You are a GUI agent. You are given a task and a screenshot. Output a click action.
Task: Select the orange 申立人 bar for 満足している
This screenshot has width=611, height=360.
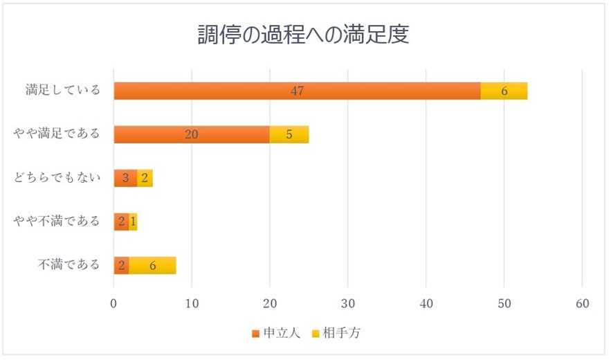pos(297,91)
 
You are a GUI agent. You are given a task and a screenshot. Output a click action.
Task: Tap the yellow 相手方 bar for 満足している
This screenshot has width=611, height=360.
pos(504,91)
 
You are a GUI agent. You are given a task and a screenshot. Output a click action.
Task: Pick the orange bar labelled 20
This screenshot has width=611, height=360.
pos(192,134)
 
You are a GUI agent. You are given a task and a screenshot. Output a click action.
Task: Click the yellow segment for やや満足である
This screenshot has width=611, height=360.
pos(289,134)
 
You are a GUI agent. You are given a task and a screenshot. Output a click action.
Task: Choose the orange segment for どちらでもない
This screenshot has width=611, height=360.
pos(125,178)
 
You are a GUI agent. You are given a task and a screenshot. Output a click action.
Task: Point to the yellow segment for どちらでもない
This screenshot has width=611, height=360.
pos(145,178)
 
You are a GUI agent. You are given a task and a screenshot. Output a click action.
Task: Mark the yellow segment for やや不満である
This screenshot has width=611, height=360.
pos(133,222)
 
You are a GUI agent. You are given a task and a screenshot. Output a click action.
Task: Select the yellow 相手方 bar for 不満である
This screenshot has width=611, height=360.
pos(152,265)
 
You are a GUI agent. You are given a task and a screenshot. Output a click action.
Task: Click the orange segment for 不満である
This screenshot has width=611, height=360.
pos(121,265)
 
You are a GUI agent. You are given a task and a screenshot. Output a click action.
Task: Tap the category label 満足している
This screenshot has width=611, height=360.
pos(63,91)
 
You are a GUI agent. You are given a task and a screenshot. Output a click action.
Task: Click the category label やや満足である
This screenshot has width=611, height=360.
pos(57,134)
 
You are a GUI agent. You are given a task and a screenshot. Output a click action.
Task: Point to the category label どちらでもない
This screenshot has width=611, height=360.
pos(57,178)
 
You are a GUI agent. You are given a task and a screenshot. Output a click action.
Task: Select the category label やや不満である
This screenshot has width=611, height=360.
pos(57,222)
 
